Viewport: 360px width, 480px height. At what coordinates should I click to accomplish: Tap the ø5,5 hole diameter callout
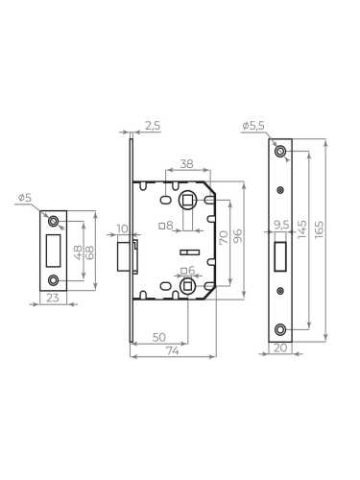coord(254,126)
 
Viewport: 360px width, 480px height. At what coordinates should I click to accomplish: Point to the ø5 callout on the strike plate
coord(24,198)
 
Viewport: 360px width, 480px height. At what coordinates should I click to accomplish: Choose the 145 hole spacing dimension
coord(301,230)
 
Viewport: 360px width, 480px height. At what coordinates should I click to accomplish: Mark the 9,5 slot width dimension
coord(281,227)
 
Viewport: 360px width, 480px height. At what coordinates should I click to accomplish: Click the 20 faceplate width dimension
coord(279,348)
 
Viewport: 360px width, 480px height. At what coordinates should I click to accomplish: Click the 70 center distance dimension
coord(222,235)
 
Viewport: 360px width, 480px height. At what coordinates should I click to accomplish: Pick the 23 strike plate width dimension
coord(52,298)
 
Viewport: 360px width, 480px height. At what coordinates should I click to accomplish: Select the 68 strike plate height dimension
coord(90,252)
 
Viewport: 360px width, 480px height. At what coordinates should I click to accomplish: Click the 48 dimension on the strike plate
coord(78,252)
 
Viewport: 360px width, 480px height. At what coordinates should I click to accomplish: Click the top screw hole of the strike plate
coord(53,223)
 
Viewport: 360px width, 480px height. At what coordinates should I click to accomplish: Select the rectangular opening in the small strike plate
coord(52,251)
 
